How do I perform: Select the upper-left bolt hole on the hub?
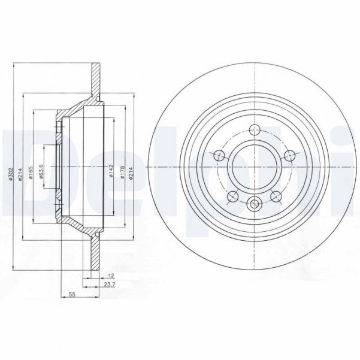pyautogui.click(x=220, y=155)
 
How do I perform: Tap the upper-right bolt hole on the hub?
pyautogui.click(x=289, y=155)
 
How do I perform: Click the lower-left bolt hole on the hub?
pyautogui.click(x=232, y=195)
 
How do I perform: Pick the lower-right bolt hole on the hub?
pyautogui.click(x=276, y=195)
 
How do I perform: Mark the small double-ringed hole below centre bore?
pyautogui.click(x=254, y=203)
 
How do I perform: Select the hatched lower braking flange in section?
pyautogui.click(x=95, y=255)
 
